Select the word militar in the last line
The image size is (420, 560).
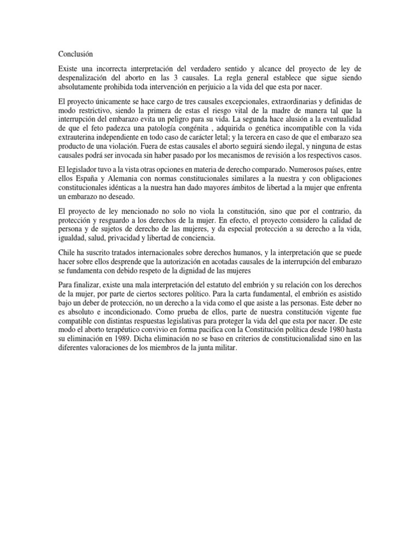click(224, 350)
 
